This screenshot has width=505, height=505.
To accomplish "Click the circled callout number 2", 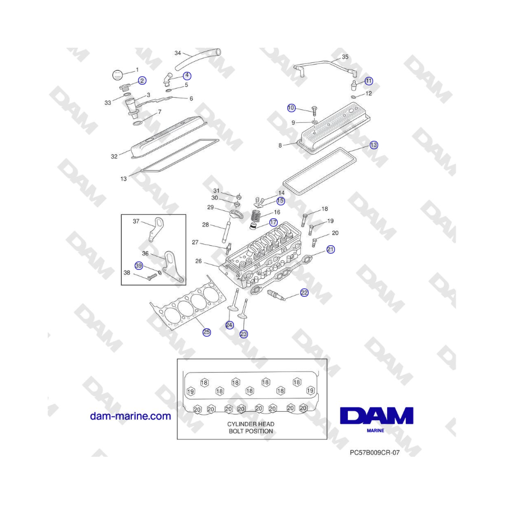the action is coord(142,80).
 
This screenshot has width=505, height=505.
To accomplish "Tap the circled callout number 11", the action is coord(369,81).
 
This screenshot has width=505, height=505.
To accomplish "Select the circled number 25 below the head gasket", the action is coord(206,332).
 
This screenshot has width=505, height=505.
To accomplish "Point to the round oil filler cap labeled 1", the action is coord(118,75).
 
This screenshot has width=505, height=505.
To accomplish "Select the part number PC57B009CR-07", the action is coord(375,452).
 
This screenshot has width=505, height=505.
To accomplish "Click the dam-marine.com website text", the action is coord(130,416).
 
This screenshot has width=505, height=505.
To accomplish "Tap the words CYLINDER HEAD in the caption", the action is coord(251,424).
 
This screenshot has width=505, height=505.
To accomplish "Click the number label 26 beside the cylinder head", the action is coord(199,261).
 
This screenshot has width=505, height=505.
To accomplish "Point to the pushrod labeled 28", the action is coord(226,231).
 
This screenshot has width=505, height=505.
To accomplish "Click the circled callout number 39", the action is coord(139,266).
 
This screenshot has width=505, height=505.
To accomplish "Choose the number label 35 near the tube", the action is coord(345,57).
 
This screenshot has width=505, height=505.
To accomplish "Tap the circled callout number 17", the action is coord(273,222).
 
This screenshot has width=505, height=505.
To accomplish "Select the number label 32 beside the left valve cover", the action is coord(114,157).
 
